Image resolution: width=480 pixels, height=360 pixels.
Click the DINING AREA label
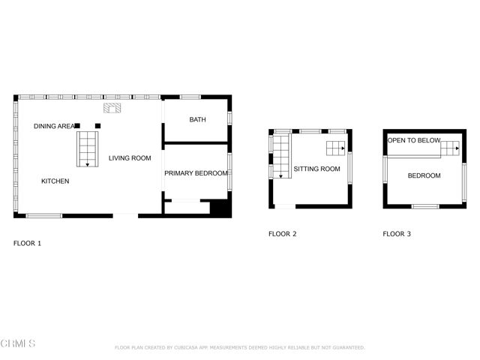tap(52, 126)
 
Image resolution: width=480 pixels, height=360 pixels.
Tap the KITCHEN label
tap(55, 181)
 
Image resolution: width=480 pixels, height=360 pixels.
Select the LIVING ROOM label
tap(130, 158)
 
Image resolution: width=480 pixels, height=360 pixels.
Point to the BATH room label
tap(197, 120)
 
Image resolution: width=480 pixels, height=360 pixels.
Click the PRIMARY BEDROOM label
tap(196, 173)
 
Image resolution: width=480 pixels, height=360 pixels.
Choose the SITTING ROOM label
tap(316, 169)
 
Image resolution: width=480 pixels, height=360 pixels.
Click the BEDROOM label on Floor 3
tap(424, 176)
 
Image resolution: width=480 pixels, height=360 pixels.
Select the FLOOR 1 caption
tap(28, 244)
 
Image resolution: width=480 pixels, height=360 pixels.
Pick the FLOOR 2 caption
tap(283, 234)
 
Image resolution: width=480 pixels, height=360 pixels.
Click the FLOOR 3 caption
tap(397, 234)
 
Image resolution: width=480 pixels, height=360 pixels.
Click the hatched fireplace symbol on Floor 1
tap(112, 109)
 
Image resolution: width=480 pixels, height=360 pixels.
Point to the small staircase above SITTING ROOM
tap(335, 146)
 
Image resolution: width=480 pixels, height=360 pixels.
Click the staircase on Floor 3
tap(450, 147)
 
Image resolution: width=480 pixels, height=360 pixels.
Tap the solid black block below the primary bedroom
tap(220, 208)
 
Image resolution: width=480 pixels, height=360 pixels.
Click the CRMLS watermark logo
tap(18, 343)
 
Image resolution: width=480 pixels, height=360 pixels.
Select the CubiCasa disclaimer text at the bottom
tap(239, 348)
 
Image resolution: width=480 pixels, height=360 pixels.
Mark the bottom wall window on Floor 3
tap(425, 206)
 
